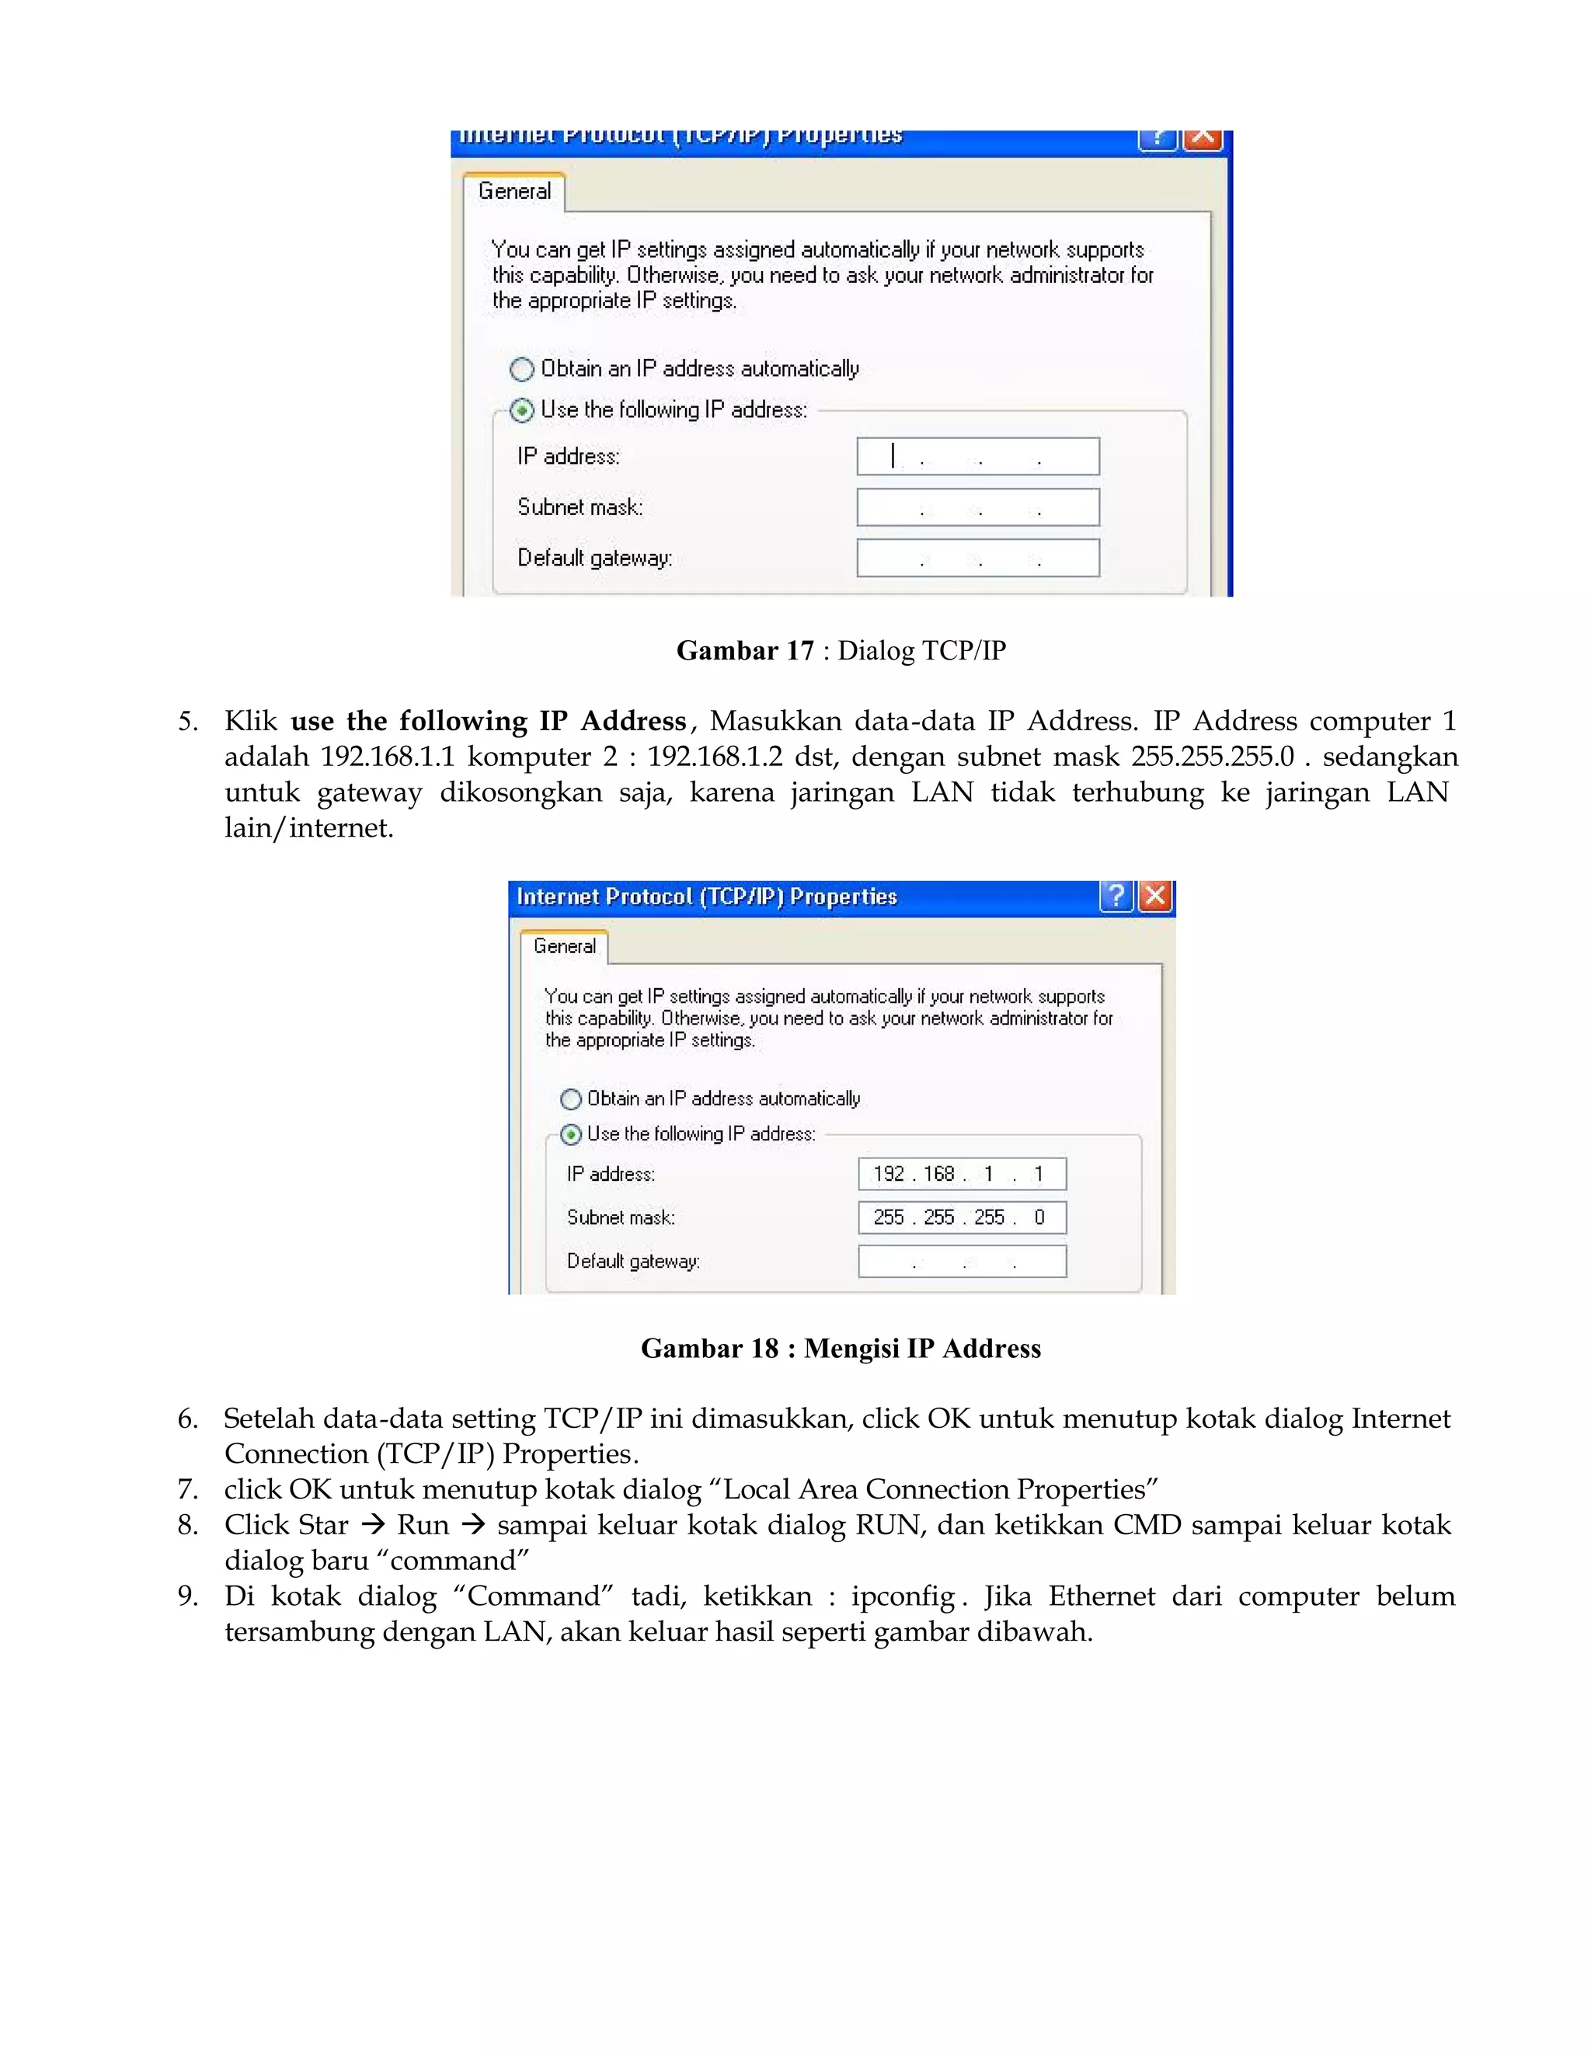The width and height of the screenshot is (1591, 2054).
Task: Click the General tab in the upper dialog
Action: (514, 191)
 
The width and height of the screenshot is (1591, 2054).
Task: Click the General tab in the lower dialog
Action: (564, 946)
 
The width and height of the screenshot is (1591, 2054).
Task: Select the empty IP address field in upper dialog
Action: (978, 456)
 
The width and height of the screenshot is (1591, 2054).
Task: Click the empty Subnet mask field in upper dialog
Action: (978, 507)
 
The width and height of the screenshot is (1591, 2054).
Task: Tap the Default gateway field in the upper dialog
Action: (978, 558)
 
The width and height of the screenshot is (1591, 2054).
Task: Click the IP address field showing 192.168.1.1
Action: (962, 1174)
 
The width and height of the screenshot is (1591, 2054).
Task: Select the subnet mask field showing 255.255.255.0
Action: (962, 1217)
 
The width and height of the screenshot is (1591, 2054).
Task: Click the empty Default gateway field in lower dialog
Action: (962, 1261)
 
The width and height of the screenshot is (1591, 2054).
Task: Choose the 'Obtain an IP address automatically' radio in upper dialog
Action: (522, 369)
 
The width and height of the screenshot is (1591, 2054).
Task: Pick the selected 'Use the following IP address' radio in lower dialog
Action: (571, 1134)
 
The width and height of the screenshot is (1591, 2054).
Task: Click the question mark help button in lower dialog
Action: (1116, 896)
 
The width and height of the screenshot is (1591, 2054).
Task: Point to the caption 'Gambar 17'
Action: (745, 651)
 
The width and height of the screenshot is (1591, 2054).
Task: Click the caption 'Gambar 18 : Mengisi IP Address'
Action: (841, 1348)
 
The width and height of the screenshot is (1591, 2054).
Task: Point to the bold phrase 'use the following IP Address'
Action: (488, 722)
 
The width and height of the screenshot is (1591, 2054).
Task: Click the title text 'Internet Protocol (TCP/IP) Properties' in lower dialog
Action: (707, 896)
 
